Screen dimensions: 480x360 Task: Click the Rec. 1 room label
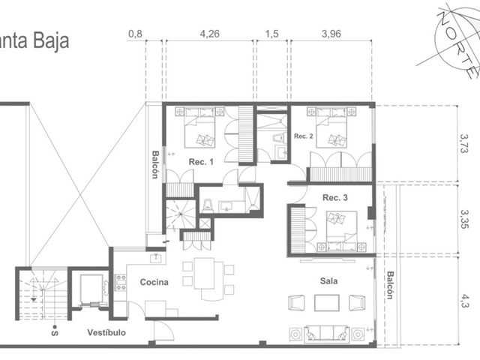(201, 162)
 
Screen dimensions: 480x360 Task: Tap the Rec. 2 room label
(303, 136)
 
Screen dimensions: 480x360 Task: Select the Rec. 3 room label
(335, 197)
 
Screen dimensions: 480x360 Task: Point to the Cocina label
(154, 282)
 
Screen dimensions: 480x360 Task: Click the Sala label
(328, 280)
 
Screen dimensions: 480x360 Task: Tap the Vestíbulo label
(106, 332)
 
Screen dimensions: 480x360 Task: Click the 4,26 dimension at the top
(210, 34)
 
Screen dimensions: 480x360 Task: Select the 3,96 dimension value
(331, 34)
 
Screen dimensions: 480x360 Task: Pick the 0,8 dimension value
(135, 34)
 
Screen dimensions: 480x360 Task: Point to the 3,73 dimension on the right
(464, 143)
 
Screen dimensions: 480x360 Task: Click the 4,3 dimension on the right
(464, 301)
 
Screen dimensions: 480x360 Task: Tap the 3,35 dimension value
(464, 219)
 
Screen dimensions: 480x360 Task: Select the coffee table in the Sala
(327, 303)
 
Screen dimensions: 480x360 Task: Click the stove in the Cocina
(120, 283)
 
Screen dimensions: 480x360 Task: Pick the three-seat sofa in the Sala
(327, 333)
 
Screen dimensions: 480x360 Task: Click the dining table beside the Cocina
(204, 273)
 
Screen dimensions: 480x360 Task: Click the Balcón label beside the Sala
(390, 285)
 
